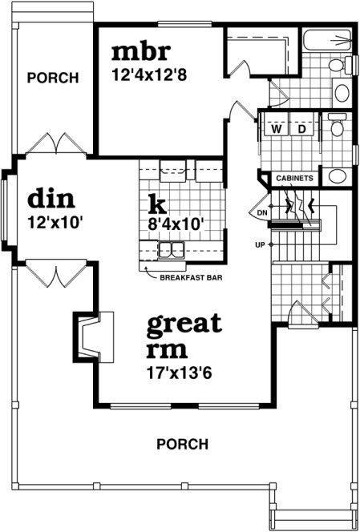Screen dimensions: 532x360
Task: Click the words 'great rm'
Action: (x=184, y=337)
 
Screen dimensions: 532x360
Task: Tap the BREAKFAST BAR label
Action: (x=191, y=278)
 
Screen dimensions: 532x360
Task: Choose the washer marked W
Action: (x=277, y=128)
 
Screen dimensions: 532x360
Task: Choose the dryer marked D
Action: (x=302, y=128)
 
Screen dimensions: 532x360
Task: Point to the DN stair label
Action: (x=261, y=213)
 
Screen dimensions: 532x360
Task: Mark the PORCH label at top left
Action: (x=53, y=78)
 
